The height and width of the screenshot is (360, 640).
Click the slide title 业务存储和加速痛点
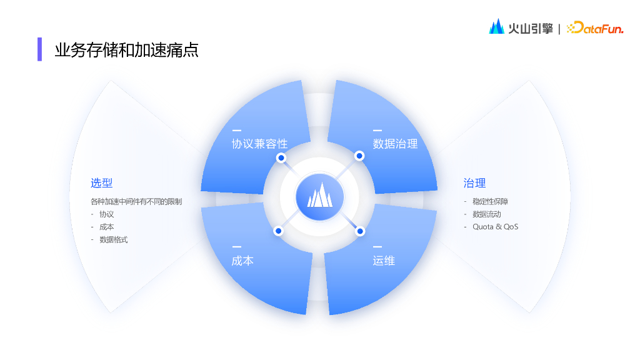click(126, 50)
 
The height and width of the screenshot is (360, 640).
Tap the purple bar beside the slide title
click(39, 49)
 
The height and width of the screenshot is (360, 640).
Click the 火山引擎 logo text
click(529, 27)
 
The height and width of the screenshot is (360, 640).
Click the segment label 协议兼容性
click(259, 144)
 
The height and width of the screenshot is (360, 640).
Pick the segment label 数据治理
click(395, 144)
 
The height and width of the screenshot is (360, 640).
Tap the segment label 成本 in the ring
click(242, 261)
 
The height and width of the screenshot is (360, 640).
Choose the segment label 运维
click(384, 261)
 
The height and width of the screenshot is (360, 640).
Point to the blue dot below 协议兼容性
click(281, 158)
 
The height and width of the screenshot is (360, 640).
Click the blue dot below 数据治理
click(359, 156)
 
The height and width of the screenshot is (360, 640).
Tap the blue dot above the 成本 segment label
click(279, 231)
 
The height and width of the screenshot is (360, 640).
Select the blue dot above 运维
click(360, 231)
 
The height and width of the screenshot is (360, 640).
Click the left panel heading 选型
click(101, 183)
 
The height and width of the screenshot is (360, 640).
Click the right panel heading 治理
click(474, 183)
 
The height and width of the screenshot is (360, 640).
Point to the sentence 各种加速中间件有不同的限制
click(136, 202)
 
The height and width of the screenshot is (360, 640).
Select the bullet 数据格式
click(113, 239)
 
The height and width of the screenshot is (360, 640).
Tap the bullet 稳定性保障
click(490, 201)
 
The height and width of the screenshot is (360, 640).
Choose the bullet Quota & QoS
click(495, 226)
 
